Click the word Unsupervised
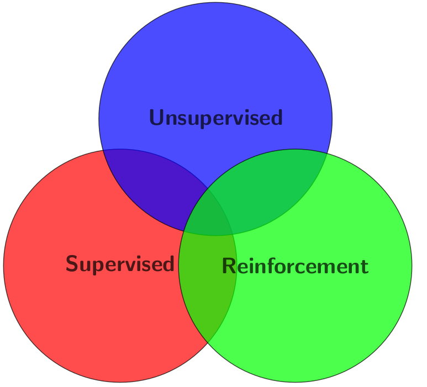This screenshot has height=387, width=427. [x=215, y=118]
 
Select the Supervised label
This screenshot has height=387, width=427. [x=120, y=264]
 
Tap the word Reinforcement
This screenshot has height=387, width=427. [x=294, y=266]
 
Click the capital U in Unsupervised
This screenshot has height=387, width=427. [x=157, y=118]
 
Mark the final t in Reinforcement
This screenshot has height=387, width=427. [x=363, y=267]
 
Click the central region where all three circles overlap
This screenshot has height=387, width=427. [x=209, y=215]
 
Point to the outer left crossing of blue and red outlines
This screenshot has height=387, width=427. [x=103, y=150]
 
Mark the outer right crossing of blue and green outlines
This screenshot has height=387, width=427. [x=328, y=151]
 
